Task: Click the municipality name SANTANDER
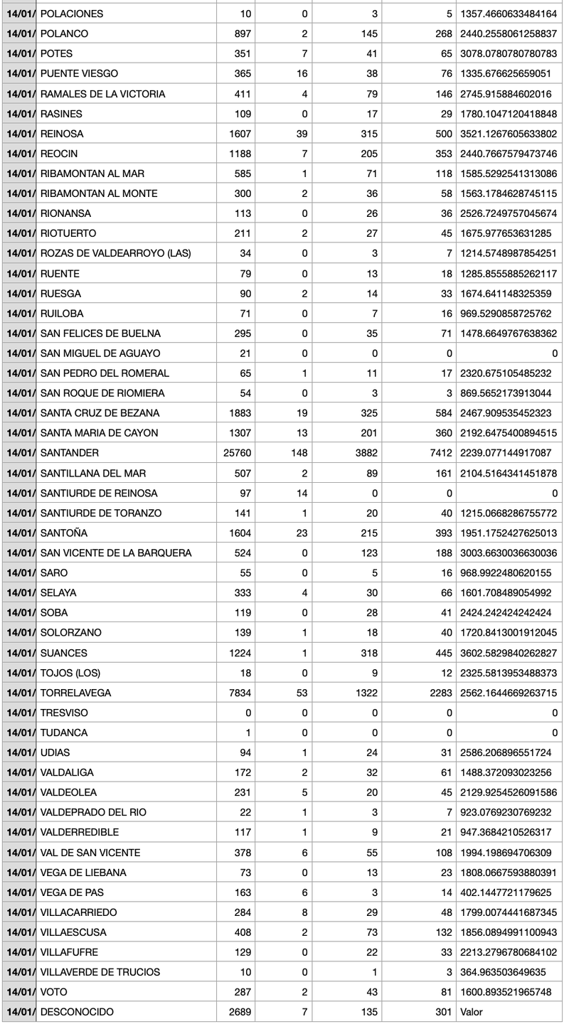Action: click(70, 453)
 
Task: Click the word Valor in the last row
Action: click(473, 1012)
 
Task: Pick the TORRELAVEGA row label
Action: click(75, 693)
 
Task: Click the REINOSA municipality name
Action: click(63, 134)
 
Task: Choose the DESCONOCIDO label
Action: click(77, 1012)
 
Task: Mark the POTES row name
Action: click(56, 53)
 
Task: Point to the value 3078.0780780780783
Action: click(509, 53)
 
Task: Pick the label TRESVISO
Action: click(65, 713)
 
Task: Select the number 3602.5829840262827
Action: click(509, 653)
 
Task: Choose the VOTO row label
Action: click(54, 992)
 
